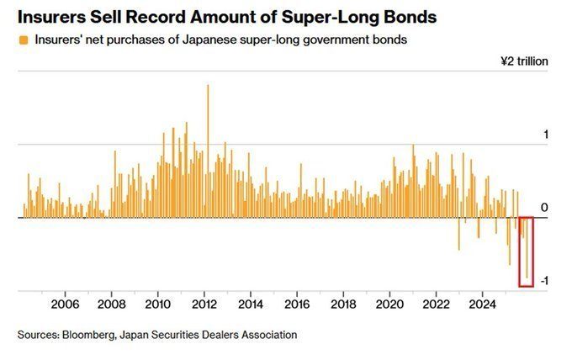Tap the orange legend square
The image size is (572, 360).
[x=22, y=39]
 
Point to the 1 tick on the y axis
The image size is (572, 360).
[x=545, y=135]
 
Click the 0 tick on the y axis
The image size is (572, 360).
[x=544, y=208]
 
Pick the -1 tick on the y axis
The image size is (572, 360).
[x=543, y=281]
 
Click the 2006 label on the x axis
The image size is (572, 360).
[x=66, y=303]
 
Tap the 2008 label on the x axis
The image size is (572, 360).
[x=112, y=303]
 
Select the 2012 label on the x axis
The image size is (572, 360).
[x=204, y=303]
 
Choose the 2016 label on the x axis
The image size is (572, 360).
[x=297, y=303]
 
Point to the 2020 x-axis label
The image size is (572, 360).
[x=389, y=303]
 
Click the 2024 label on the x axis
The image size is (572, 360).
[x=482, y=303]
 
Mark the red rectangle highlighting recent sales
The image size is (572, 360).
[x=527, y=251]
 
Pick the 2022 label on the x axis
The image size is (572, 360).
[x=436, y=303]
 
